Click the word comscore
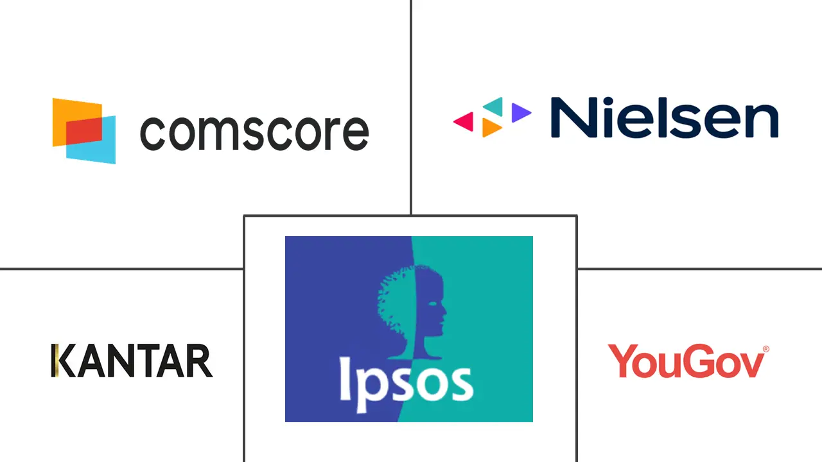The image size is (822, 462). [254, 133]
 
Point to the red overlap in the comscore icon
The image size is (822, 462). [84, 131]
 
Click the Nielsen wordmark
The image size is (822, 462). [665, 117]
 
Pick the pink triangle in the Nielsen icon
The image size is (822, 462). [464, 121]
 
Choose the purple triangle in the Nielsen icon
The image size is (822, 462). [521, 112]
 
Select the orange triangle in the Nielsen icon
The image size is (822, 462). [491, 128]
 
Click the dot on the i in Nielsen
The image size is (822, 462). [608, 101]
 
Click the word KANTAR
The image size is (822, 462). [132, 361]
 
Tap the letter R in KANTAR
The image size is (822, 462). [200, 361]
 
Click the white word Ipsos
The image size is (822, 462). [407, 384]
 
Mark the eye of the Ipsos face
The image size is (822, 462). [433, 304]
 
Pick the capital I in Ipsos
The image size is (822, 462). [345, 379]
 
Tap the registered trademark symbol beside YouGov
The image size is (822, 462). [766, 349]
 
